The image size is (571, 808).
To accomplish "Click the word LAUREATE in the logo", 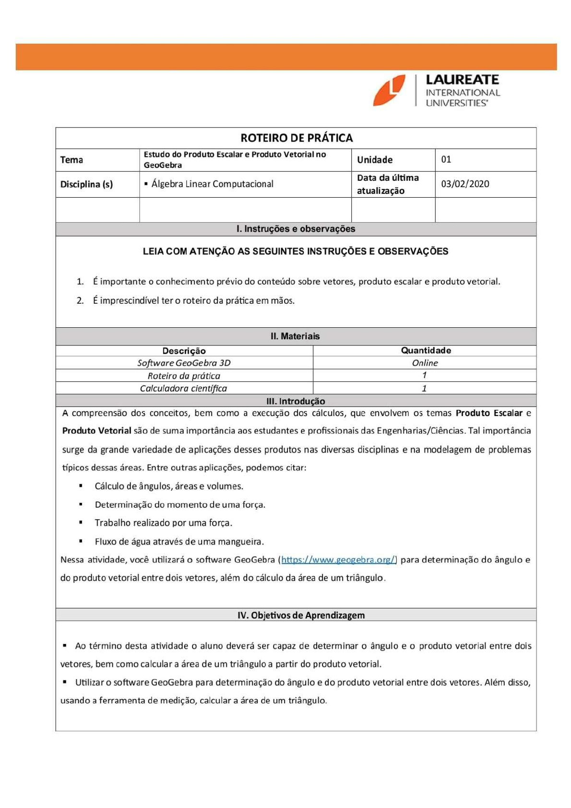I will [462, 80].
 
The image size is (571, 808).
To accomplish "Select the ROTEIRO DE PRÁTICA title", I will [296, 138].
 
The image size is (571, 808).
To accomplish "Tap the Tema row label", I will [71, 160].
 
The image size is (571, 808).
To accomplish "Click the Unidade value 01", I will [446, 159].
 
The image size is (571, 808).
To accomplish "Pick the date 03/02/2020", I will [464, 184].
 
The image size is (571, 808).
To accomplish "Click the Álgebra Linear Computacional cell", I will [212, 184].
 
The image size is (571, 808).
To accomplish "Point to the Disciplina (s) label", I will [86, 184].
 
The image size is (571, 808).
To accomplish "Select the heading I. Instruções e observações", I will [296, 229].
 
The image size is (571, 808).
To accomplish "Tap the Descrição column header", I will [184, 351].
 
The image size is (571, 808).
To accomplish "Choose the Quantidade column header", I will [426, 350].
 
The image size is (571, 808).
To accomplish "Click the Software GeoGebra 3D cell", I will [184, 363].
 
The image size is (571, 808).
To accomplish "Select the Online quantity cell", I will [425, 363].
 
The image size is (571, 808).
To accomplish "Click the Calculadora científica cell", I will [183, 388].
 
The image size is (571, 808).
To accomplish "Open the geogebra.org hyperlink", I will [338, 559].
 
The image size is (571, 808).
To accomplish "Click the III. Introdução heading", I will [296, 401].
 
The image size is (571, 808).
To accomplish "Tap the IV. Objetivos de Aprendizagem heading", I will [301, 615].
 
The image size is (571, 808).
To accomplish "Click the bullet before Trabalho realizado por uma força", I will [81, 523].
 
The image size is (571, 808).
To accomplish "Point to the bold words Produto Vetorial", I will [96, 430].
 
